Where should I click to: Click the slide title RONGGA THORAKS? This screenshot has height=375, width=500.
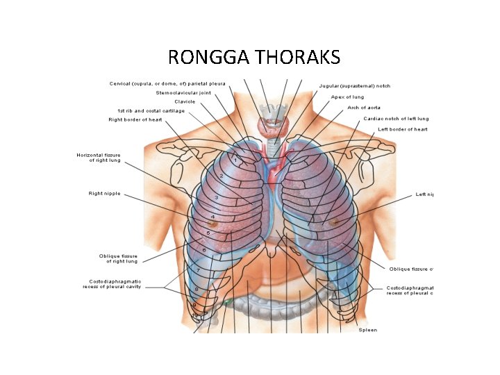(254, 56)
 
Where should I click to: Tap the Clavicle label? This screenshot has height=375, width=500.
(185, 101)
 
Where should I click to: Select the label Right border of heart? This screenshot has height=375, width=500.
(135, 119)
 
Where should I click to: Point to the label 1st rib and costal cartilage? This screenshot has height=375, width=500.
(151, 110)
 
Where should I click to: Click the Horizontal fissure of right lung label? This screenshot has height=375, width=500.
(99, 158)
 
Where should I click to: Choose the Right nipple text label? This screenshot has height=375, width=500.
(104, 193)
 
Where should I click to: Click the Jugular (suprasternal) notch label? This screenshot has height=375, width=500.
(354, 86)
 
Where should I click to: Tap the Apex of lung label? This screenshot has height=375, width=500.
(347, 97)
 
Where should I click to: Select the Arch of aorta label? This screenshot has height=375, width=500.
(364, 108)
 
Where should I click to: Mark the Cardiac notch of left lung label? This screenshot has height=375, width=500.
(396, 119)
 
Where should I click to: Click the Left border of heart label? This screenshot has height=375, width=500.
(403, 129)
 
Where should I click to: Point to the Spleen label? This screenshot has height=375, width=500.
(368, 330)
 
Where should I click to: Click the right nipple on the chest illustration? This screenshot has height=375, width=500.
(213, 224)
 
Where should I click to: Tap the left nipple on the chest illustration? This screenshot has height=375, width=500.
(335, 222)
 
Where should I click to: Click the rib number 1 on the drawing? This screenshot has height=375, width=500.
(235, 160)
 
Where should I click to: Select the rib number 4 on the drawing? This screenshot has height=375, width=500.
(212, 217)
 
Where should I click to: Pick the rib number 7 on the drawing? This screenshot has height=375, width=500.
(198, 269)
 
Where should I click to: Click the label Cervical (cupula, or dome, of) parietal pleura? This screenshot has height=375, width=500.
(167, 83)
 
